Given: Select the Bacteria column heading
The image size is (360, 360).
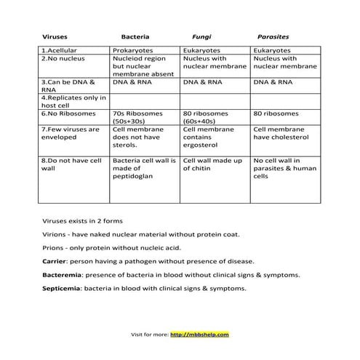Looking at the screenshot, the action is click(x=135, y=36).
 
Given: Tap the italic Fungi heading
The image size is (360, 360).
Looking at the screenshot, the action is click(x=201, y=36).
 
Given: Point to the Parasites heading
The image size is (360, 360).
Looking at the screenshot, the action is click(x=273, y=36).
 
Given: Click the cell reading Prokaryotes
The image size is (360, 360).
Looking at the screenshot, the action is click(x=132, y=50).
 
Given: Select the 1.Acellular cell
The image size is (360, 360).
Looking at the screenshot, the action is click(x=61, y=50).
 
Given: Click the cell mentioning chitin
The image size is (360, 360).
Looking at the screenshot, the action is click(x=212, y=164).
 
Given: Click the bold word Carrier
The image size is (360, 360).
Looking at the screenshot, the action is click(x=55, y=260).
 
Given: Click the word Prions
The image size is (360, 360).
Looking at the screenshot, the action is click(x=54, y=247).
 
